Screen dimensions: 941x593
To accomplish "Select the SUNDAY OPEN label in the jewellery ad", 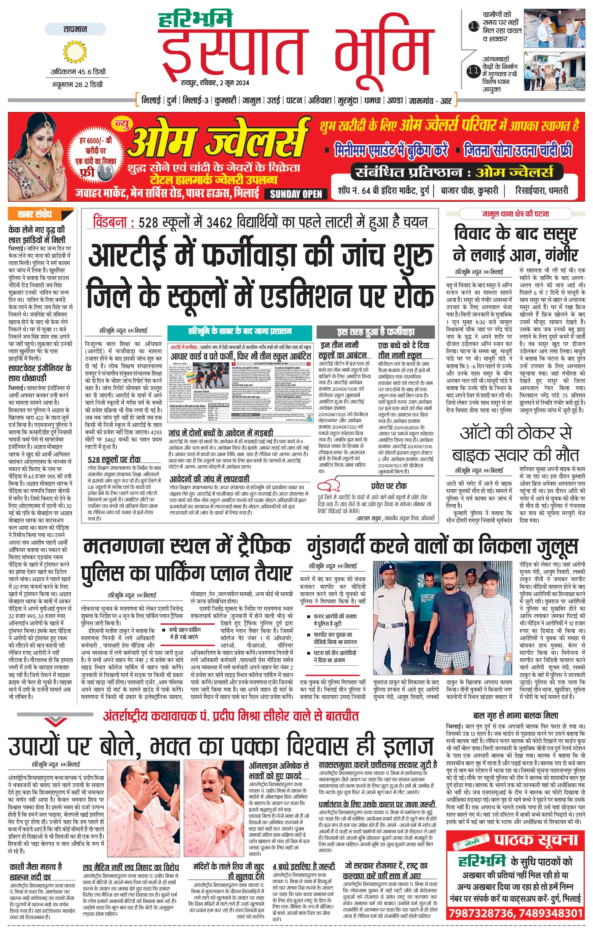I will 296,194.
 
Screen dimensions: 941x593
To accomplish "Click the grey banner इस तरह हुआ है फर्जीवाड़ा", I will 375,332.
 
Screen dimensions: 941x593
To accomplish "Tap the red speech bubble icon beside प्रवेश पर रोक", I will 330,486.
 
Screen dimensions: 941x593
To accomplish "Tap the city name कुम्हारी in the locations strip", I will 225,101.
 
